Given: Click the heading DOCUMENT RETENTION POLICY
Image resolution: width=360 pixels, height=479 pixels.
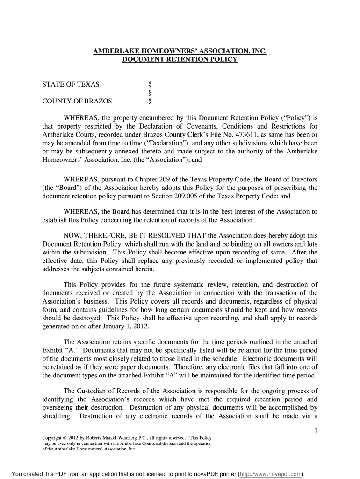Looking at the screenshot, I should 180,59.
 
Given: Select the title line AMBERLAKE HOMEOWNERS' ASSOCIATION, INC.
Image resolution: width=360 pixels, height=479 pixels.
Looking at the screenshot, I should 180,51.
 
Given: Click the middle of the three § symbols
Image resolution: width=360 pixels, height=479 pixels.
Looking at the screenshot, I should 150,93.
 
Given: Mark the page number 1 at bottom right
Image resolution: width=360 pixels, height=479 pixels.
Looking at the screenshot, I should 316,430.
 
